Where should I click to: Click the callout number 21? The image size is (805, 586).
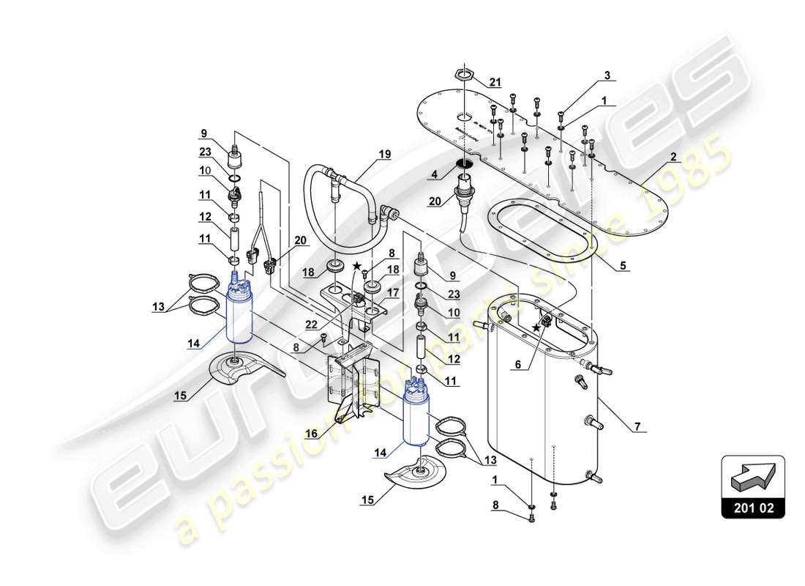coord(495,81)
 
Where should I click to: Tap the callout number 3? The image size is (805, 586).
coord(606,75)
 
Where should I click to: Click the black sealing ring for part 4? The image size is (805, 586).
coord(464,163)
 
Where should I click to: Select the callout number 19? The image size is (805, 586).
coord(385,155)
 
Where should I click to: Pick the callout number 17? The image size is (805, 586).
coord(393,292)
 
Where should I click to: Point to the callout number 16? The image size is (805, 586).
coord(310,434)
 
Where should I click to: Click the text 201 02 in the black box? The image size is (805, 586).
coord(753,506)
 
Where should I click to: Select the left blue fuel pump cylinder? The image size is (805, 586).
coord(238,315)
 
